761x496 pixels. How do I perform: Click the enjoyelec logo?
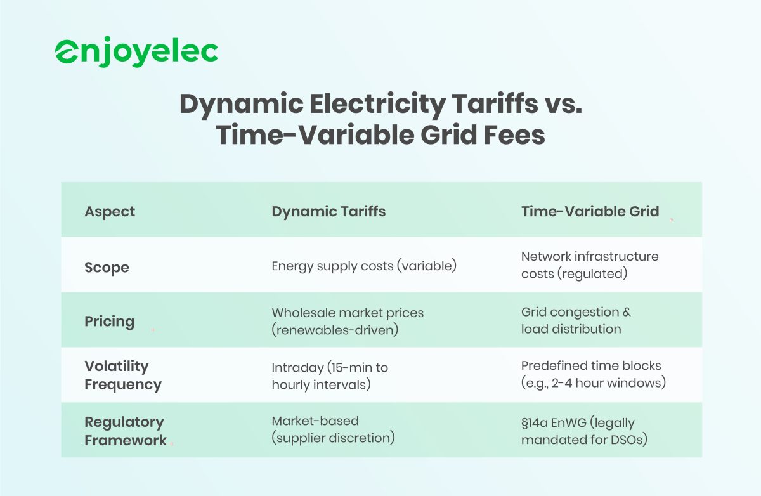(x=136, y=52)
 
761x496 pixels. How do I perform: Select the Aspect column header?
(x=110, y=211)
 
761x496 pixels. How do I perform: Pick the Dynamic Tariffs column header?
(x=328, y=211)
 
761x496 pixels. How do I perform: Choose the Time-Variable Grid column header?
(x=590, y=211)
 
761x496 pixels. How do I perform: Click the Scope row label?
(x=107, y=267)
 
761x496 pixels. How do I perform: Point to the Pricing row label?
(x=109, y=321)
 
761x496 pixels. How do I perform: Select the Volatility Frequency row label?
(x=122, y=375)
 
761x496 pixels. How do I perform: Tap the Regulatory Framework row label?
(x=125, y=431)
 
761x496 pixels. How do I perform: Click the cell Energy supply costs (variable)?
(x=364, y=266)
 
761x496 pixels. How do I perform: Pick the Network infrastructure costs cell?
(x=589, y=265)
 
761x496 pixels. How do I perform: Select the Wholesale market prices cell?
(x=348, y=320)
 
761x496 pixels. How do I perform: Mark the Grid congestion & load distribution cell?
(x=576, y=320)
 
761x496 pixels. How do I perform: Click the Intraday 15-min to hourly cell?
(x=329, y=375)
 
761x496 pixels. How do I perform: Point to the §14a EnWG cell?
(x=583, y=431)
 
